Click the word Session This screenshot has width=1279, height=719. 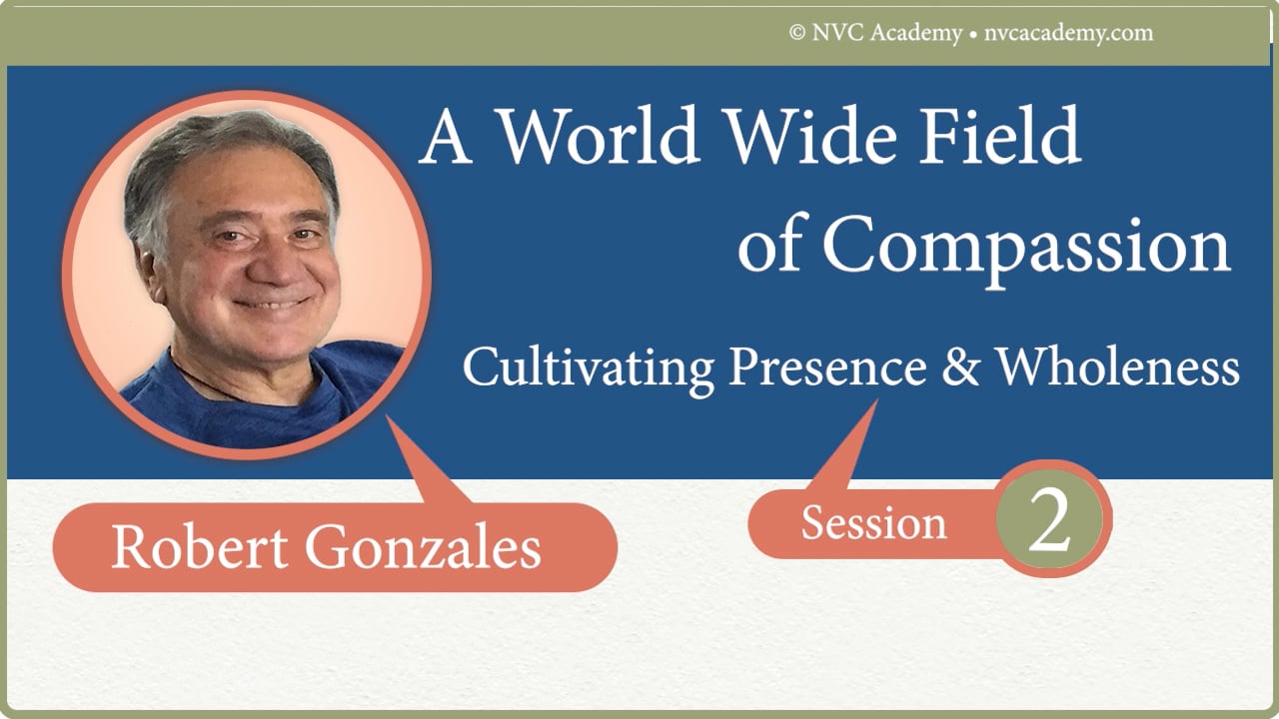[873, 523]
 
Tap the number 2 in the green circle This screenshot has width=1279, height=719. [1049, 521]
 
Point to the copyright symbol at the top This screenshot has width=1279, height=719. [797, 33]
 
